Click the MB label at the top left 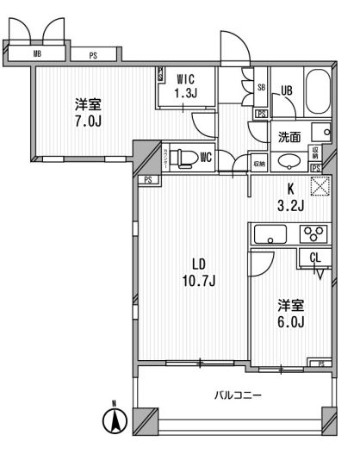(36, 53)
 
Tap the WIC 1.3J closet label (186, 84)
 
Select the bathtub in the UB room (318, 94)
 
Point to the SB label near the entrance (261, 86)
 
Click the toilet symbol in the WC (183, 158)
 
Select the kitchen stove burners (312, 233)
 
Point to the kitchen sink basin (268, 233)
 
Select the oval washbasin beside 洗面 (290, 161)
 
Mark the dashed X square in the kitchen (320, 183)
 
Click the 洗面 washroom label (289, 136)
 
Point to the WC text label (206, 158)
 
